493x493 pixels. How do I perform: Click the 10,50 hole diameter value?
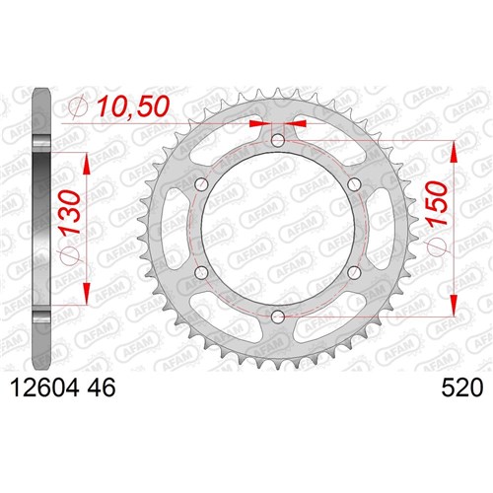pos(134,106)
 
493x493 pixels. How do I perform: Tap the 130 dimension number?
pos(70,213)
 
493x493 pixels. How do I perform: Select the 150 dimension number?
pos(436,203)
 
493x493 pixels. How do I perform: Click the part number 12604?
pos(45,387)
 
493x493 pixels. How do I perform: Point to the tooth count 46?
pos(102,387)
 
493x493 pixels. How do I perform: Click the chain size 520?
pos(462,387)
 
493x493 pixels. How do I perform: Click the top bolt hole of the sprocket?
pos(278,141)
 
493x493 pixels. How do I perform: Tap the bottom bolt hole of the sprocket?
pos(278,317)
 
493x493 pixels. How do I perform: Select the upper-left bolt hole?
pos(201,184)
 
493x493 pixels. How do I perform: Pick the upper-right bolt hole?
pos(354,184)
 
